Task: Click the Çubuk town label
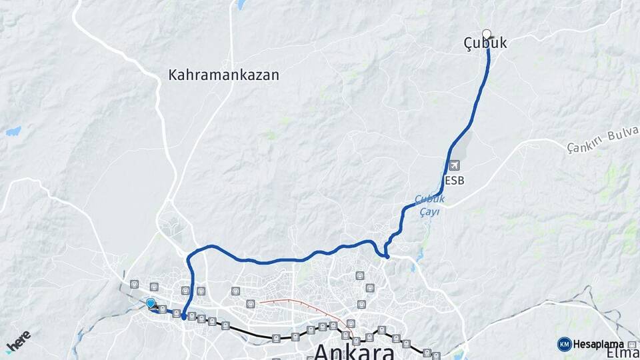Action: (x=485, y=43)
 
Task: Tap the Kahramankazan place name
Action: (x=223, y=75)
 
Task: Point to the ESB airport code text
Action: (x=454, y=180)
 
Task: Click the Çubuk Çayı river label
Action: (x=429, y=205)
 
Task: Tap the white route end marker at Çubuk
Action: (x=487, y=34)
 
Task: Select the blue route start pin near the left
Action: (x=151, y=303)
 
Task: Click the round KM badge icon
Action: (x=564, y=344)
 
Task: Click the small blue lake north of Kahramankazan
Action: (x=240, y=5)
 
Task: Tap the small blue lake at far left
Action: (x=13, y=131)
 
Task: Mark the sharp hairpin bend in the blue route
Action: (x=387, y=255)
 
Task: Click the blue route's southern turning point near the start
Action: (x=184, y=317)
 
